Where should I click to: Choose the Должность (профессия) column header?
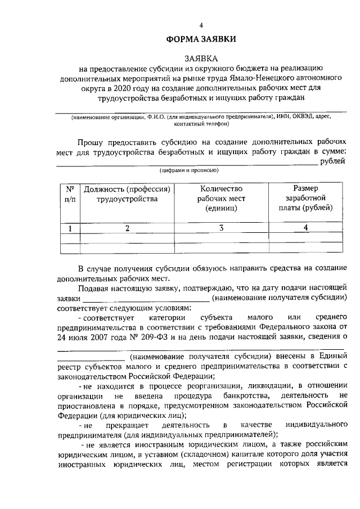coord(127,193)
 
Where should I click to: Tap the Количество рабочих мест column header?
coord(220,198)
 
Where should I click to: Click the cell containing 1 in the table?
coord(70,228)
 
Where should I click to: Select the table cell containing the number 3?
coord(220,228)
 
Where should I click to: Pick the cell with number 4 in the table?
coord(305,228)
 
